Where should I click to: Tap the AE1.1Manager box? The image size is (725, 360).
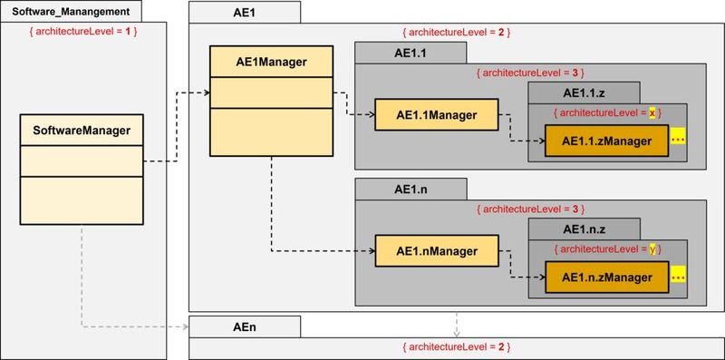point(437,114)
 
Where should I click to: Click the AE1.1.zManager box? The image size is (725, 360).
point(606,141)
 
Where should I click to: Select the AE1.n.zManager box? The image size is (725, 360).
point(606,276)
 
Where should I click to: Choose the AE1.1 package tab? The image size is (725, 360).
point(409,54)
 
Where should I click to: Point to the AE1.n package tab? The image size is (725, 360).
point(409,189)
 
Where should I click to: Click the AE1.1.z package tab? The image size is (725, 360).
point(584,92)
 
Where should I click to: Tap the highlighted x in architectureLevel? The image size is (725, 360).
point(652,113)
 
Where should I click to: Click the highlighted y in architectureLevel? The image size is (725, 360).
point(652,248)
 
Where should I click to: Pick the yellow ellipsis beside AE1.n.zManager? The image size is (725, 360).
point(679,275)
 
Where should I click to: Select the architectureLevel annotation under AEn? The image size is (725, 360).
point(456,347)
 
